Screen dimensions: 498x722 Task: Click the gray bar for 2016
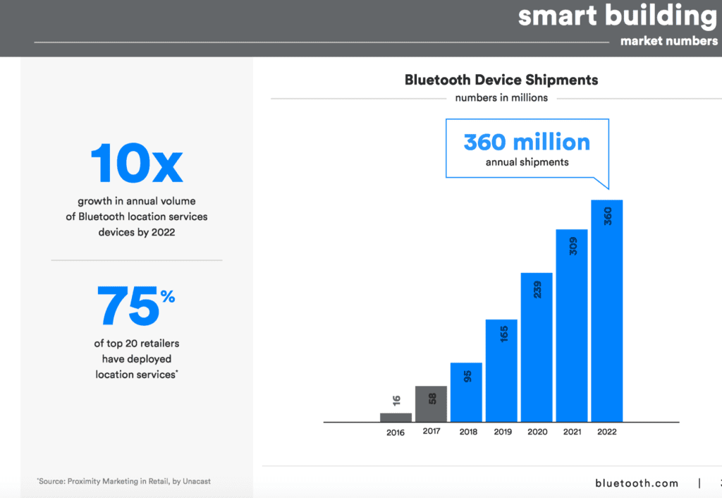(x=396, y=417)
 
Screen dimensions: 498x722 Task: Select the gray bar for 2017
(x=431, y=403)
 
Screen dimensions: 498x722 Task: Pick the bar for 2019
(x=501, y=370)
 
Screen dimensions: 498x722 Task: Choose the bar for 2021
(x=572, y=325)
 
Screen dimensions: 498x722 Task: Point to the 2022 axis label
(x=606, y=432)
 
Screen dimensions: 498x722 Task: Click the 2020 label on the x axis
(x=537, y=432)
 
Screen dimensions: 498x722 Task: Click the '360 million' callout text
(x=527, y=142)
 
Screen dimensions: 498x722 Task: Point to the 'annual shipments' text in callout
(x=527, y=162)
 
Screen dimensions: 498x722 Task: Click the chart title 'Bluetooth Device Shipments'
(x=501, y=80)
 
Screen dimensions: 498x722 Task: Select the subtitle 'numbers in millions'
(x=501, y=97)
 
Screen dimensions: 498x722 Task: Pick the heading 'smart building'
(x=617, y=16)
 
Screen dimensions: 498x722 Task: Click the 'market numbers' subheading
(x=669, y=41)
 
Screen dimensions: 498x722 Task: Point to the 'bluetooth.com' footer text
(x=636, y=483)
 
